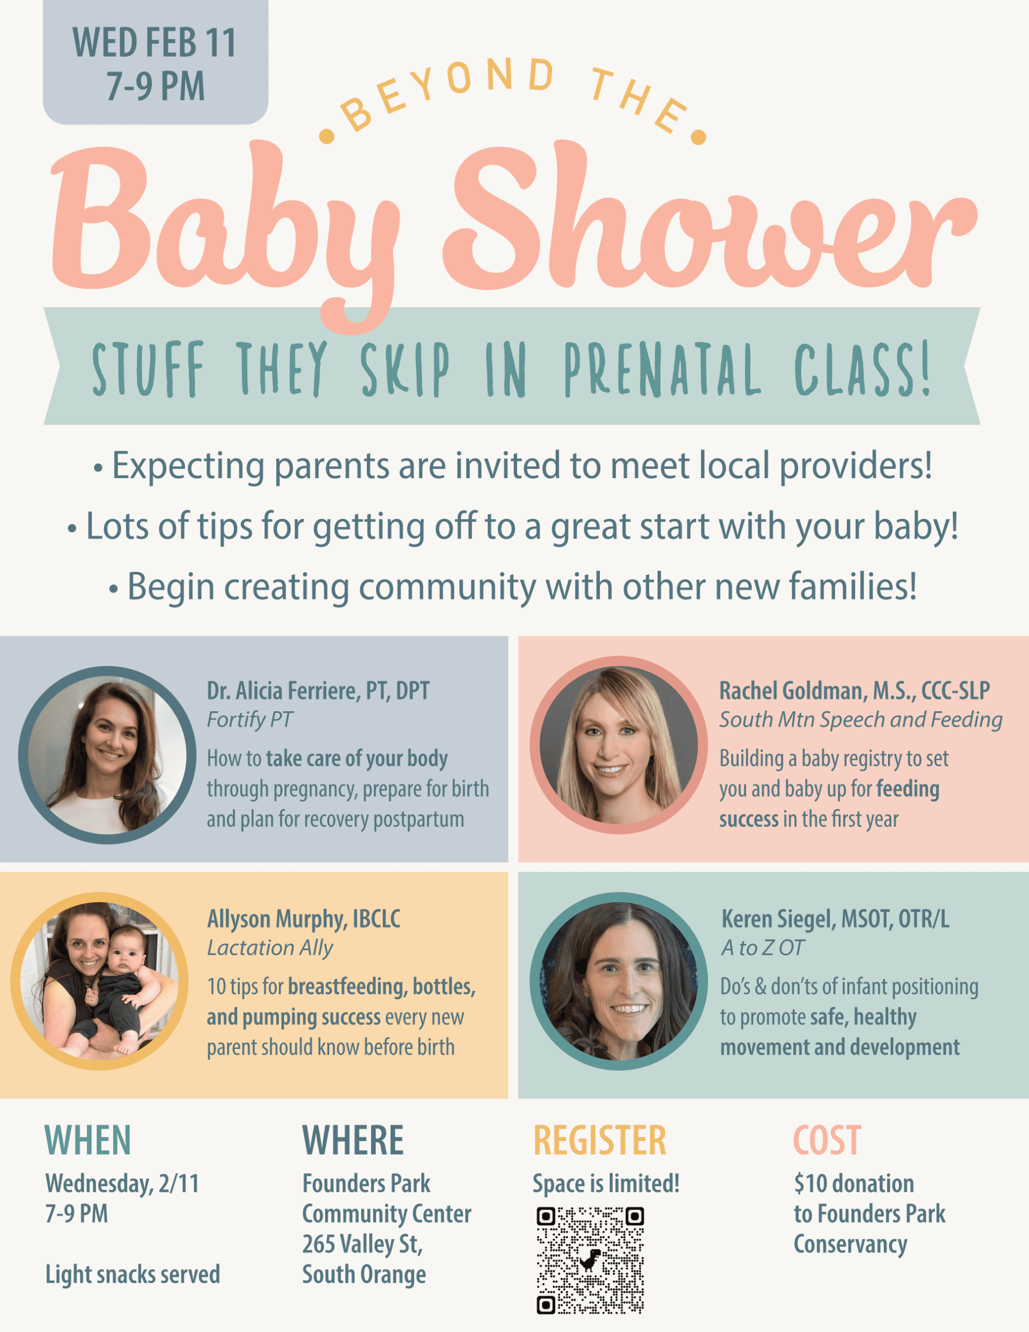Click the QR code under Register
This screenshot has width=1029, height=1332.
[x=590, y=1260]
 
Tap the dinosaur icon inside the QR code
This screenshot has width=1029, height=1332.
[x=590, y=1260]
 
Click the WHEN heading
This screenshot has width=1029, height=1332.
[x=88, y=1141]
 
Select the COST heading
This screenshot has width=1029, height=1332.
[x=827, y=1141]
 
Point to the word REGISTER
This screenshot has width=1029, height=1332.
[x=600, y=1141]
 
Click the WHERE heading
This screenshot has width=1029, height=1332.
[x=353, y=1141]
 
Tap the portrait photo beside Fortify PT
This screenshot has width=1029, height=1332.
[x=107, y=755]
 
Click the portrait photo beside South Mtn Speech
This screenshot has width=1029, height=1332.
[x=619, y=745]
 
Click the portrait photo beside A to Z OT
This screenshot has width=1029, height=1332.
[x=619, y=981]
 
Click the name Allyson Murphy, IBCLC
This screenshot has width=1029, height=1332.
[x=304, y=919]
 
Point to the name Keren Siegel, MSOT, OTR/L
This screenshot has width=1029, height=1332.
[x=835, y=919]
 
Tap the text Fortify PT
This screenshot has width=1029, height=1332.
[x=250, y=720]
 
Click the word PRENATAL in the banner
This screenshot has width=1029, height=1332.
[x=662, y=369]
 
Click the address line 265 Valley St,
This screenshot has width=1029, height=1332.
[x=362, y=1244]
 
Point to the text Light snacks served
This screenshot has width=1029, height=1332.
[x=132, y=1275]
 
